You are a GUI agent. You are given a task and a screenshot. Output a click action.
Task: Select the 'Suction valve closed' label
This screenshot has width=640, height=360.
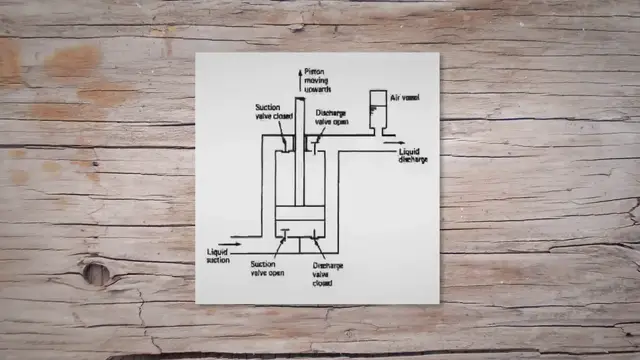[x=268, y=118]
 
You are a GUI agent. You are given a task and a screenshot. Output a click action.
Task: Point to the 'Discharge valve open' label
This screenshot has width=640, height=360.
[x=334, y=118]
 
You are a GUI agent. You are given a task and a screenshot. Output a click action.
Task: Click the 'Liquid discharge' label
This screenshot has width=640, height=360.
[x=413, y=155]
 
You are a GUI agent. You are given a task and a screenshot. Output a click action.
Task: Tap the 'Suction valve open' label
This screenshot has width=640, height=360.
[x=269, y=270]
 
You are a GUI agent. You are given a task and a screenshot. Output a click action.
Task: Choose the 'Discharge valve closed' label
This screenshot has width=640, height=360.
[x=327, y=275]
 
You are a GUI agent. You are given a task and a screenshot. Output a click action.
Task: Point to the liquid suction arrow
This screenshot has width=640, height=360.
[x=230, y=241]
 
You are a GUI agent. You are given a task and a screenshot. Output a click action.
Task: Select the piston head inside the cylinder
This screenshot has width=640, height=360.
[x=298, y=221]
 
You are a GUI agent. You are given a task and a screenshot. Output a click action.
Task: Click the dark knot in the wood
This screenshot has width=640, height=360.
[x=96, y=272]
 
